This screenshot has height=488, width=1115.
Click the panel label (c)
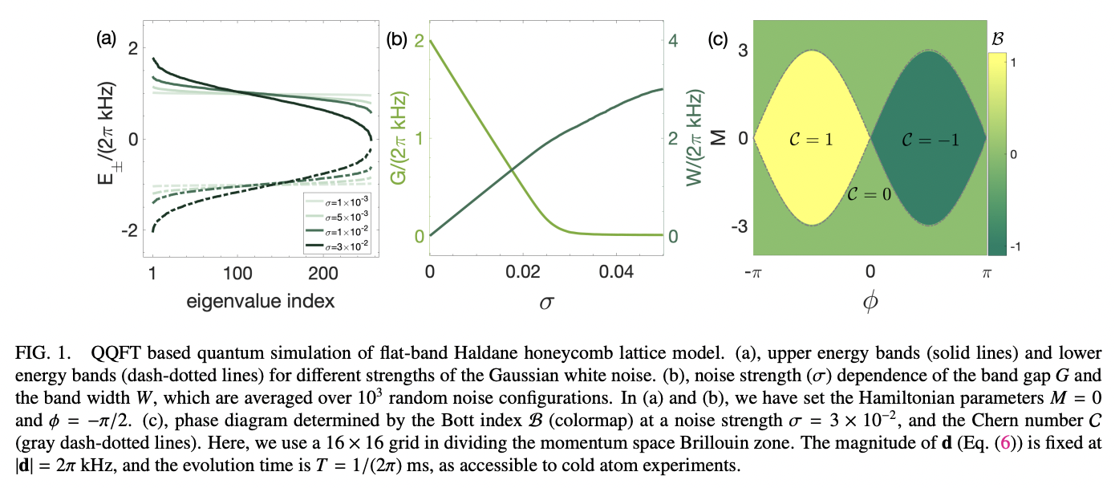[719, 39]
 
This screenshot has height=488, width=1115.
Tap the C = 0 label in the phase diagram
[870, 193]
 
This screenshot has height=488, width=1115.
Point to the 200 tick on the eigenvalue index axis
[324, 274]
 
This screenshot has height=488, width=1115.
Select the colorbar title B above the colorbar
[998, 37]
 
